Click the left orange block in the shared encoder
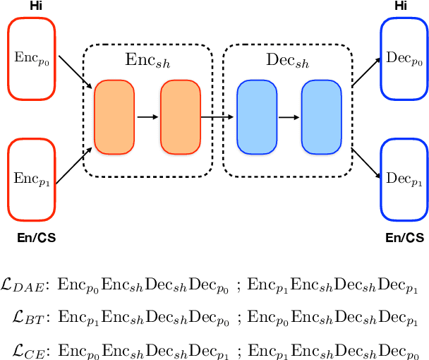114,117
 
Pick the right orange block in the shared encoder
179,117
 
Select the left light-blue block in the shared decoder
255,117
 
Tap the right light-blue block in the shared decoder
320,117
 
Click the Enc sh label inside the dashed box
147,61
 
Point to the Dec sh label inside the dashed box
287,61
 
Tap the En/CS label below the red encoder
35,238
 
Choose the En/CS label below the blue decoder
405,238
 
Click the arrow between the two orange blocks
147,117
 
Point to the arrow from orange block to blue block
217,117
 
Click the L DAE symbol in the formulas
26,285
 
